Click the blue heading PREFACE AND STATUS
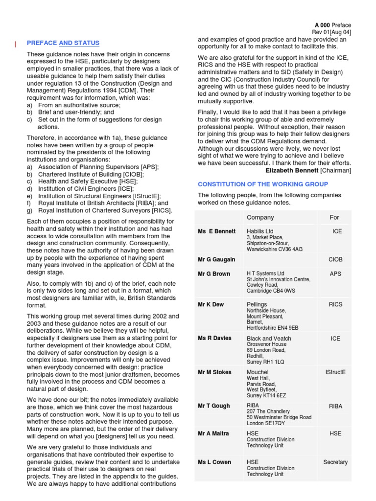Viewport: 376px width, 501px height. coord(63,43)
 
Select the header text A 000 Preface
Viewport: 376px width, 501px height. coord(332,25)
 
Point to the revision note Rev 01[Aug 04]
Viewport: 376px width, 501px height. coord(331,33)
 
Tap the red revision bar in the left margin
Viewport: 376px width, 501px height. coord(16,45)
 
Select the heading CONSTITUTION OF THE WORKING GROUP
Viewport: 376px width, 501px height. coord(262,184)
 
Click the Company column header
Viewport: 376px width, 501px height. coord(260,217)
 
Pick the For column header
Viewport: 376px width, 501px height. coord(334,217)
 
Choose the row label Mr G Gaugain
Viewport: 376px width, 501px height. coord(216,259)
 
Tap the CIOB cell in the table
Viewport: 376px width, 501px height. coord(335,259)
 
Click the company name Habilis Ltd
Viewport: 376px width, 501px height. coord(260,231)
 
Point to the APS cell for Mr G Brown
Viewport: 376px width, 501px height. coord(335,274)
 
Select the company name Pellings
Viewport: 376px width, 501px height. coord(257,304)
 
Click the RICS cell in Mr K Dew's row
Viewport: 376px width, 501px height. coord(335,304)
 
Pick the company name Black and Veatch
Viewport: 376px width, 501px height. coord(269,339)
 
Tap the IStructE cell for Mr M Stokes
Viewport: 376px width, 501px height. coord(335,372)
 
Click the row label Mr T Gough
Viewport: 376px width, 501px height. coord(214,406)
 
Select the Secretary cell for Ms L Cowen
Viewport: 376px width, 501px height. coord(335,462)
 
